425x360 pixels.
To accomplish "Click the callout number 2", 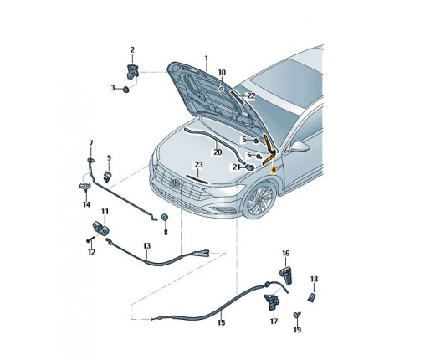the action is pos(132,50).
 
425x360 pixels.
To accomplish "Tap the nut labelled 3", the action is pos(126,90).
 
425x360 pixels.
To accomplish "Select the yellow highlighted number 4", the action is pos(274,169).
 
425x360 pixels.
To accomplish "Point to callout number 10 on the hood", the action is pos(222,73).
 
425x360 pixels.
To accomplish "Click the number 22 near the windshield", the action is pos(251,95).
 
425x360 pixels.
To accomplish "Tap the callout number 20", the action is pos(218,152).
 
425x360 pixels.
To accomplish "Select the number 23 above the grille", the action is pos(198,165).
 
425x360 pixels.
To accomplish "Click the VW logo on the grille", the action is pos(176,183).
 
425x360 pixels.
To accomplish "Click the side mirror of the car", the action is pos(300,147).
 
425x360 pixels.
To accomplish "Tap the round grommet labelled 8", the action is pos(165,217).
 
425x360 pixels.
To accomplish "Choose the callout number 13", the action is pos(146,246).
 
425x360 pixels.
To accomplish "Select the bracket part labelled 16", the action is pos(286,275).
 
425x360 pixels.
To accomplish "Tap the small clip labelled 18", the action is pos(311,297).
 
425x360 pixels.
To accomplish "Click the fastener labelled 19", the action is pos(297,315).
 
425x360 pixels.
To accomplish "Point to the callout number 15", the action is pos(221,322).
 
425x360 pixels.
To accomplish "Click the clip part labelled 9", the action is pos(107,177).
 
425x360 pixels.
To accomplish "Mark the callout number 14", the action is pos(86,204).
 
